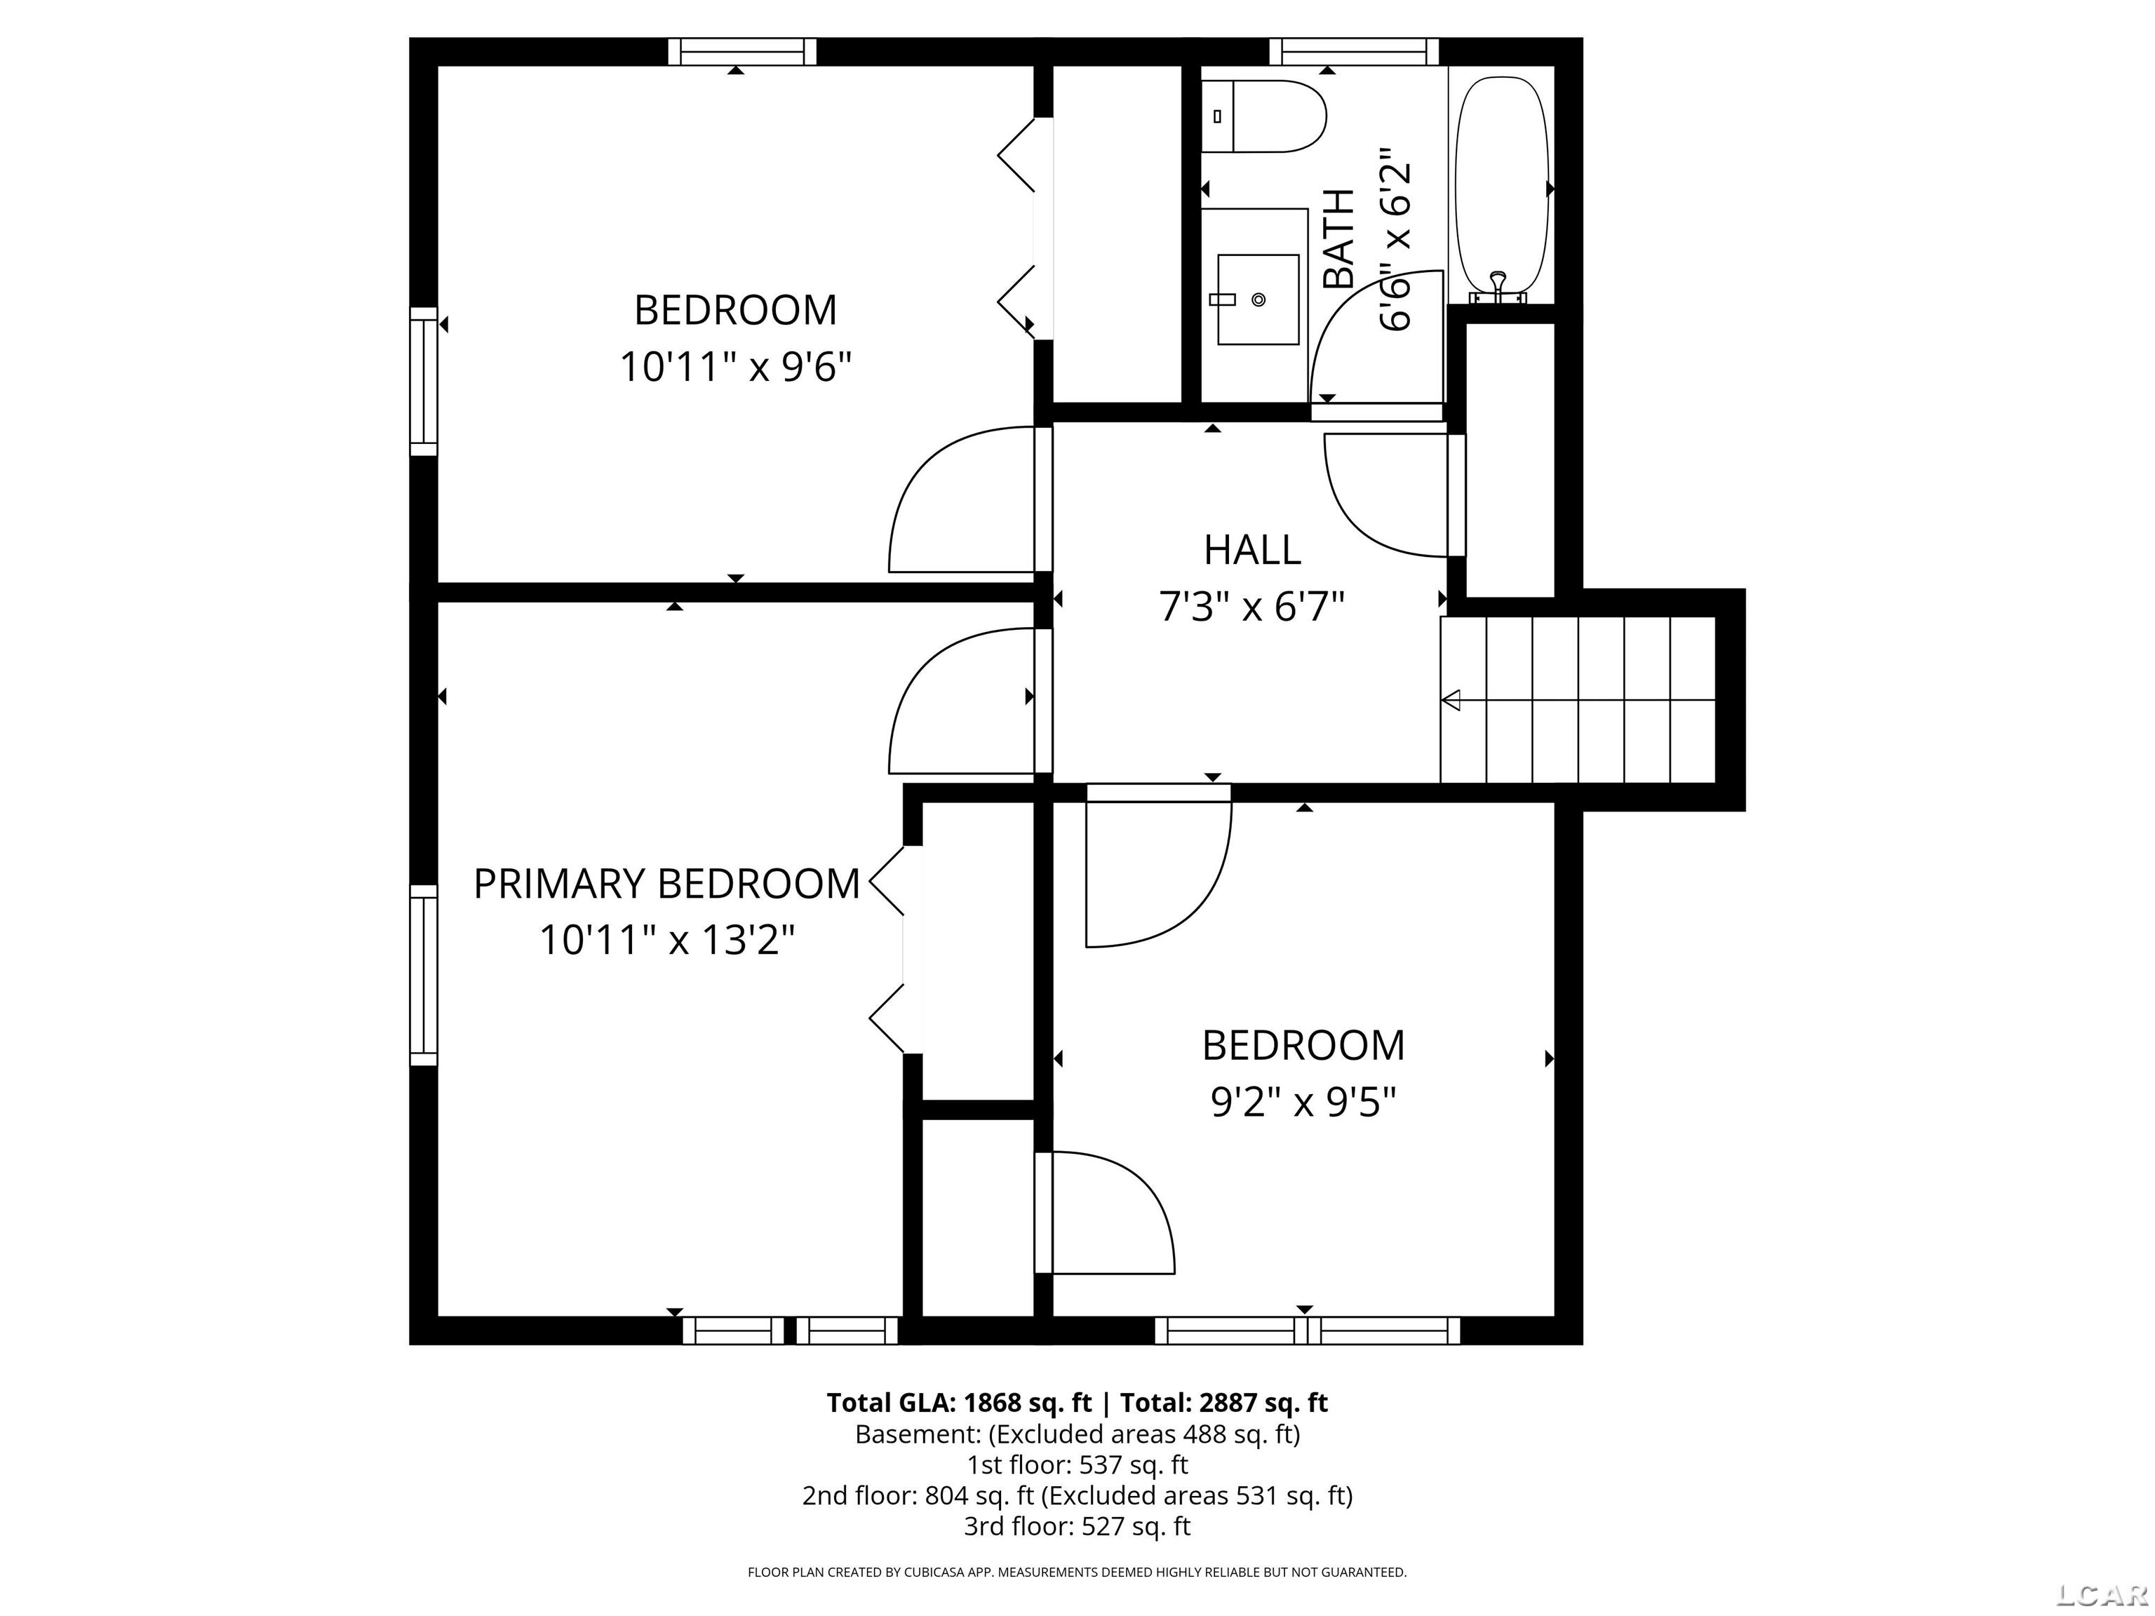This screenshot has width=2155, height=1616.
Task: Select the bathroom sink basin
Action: pyautogui.click(x=1258, y=299)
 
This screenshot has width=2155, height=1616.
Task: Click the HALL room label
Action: pyautogui.click(x=1252, y=551)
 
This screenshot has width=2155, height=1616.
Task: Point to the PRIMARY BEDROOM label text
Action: pyautogui.click(x=667, y=884)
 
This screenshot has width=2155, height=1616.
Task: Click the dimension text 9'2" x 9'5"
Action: pyautogui.click(x=1303, y=1103)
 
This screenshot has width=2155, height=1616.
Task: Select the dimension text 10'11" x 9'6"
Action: pyautogui.click(x=736, y=368)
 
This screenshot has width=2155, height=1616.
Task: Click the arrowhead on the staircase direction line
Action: pyautogui.click(x=1451, y=699)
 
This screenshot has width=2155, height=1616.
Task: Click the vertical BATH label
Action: pyautogui.click(x=1338, y=238)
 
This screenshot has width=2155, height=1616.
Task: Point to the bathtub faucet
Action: pyautogui.click(x=1498, y=285)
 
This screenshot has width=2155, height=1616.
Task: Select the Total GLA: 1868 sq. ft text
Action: pyautogui.click(x=960, y=1403)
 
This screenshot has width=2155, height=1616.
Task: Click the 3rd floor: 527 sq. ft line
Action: pyautogui.click(x=1077, y=1526)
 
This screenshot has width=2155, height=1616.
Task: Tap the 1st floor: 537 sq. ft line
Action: pyautogui.click(x=1077, y=1464)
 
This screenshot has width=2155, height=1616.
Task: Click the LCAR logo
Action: pyautogui.click(x=2102, y=1594)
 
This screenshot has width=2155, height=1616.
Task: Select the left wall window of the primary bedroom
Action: pyautogui.click(x=423, y=975)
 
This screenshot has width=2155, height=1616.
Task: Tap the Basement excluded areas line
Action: pyautogui.click(x=1077, y=1434)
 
